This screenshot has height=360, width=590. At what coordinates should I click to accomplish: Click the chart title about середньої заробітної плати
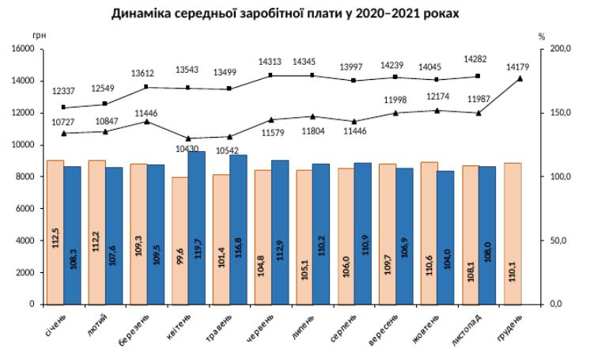[x=285, y=13]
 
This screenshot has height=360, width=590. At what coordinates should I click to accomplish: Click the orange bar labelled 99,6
[x=180, y=241]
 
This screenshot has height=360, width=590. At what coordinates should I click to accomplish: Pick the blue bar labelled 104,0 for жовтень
[x=445, y=237]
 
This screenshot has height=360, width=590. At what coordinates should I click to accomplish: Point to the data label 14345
[x=305, y=61]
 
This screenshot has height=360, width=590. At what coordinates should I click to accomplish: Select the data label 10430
[x=188, y=149]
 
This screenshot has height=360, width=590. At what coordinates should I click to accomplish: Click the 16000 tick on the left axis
[x=21, y=49]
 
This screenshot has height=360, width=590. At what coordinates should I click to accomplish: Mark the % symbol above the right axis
[x=542, y=36]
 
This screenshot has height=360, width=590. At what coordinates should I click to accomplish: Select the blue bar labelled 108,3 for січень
[x=73, y=235]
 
